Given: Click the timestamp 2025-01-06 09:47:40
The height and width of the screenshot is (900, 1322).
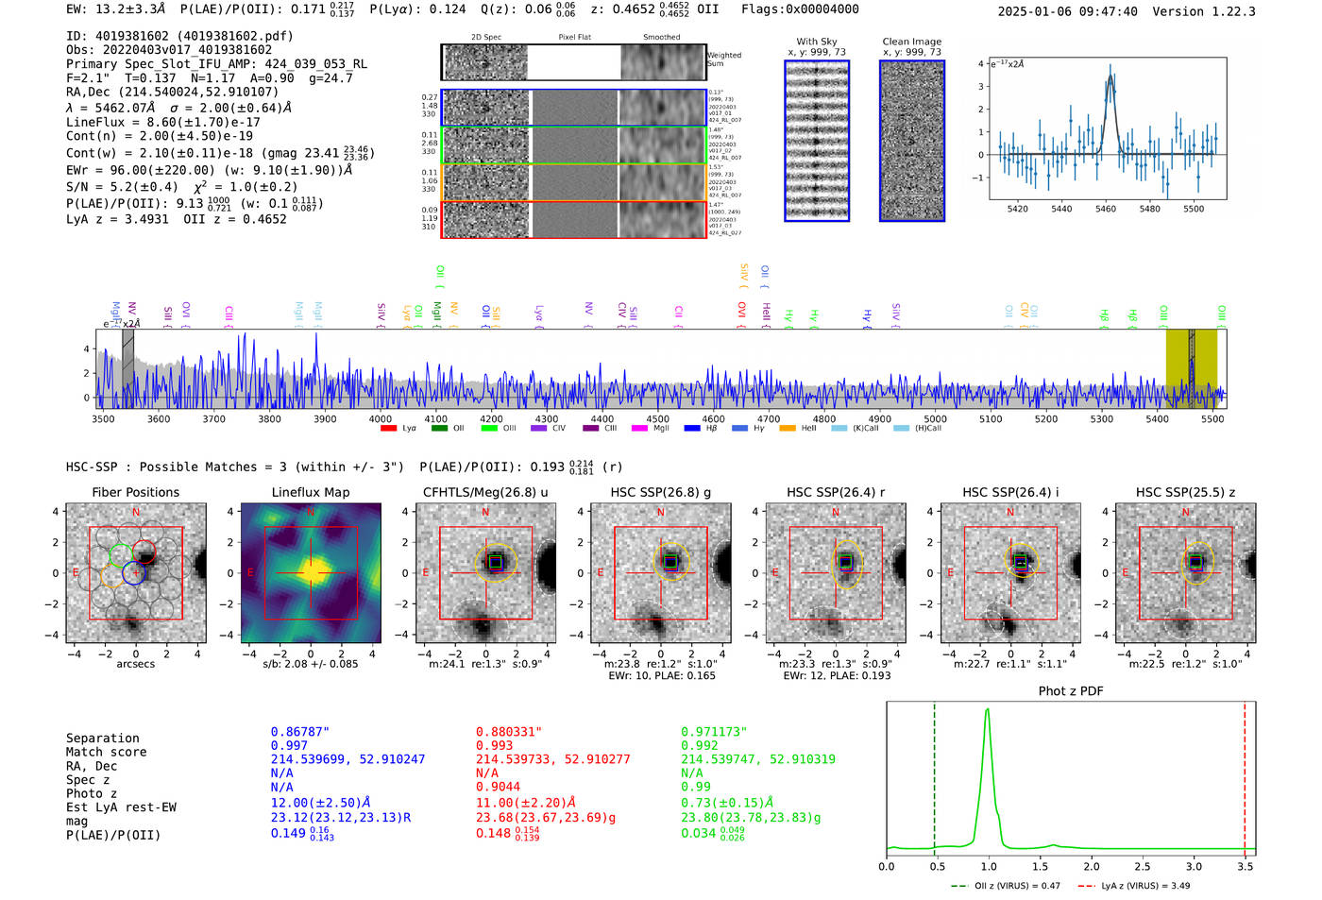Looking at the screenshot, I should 1068,11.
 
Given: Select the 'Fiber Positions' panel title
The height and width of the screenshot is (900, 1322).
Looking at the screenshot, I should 135,492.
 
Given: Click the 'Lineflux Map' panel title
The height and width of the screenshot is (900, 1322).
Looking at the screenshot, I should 310,492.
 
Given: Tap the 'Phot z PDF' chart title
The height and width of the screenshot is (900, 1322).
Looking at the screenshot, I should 1071,691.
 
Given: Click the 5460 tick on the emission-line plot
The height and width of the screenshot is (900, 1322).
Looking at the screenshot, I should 1105,209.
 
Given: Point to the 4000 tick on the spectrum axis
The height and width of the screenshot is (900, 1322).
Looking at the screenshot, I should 381,419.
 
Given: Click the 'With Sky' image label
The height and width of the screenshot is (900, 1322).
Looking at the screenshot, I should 817,42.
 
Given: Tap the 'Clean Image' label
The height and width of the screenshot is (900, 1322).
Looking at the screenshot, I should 911,42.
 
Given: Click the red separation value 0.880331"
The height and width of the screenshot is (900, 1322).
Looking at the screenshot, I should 509,732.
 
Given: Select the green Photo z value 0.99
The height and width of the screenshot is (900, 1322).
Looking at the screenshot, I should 696,787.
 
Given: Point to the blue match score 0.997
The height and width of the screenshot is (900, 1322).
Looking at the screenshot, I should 289,746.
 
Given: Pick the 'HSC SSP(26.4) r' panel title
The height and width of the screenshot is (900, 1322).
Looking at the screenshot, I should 835,492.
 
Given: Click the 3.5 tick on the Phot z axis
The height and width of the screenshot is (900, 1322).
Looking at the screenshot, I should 1246,866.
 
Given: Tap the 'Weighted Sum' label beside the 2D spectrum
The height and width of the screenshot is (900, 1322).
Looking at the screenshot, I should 723,59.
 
